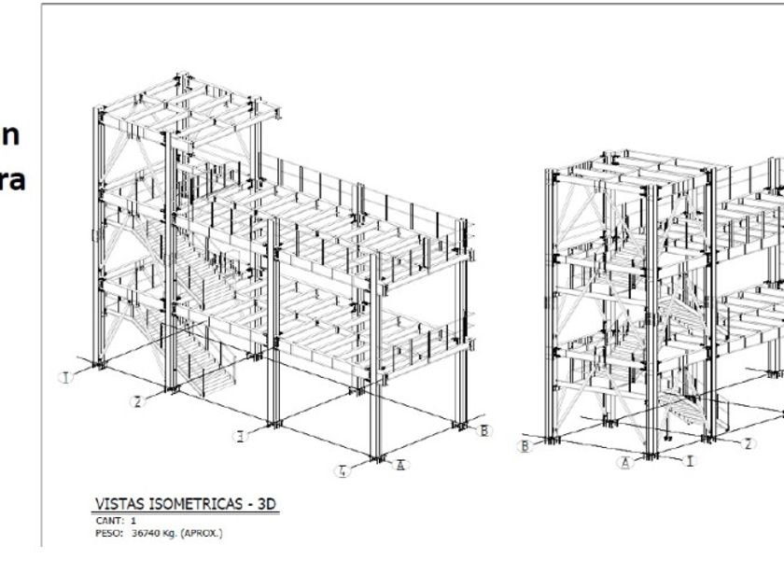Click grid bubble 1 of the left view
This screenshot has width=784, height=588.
[65, 377]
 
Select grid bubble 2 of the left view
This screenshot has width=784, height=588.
[137, 401]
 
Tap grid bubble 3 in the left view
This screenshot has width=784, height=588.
[241, 436]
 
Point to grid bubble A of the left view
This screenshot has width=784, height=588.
[400, 465]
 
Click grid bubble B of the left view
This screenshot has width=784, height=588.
[483, 430]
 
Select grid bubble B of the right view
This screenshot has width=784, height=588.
[525, 446]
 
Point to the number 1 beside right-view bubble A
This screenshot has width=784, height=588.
[689, 460]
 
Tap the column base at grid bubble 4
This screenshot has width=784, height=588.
[377, 455]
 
